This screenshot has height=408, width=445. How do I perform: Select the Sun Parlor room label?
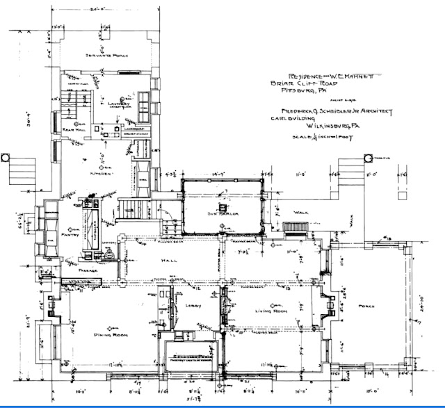click(222, 214)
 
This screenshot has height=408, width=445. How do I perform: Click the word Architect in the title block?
click(375, 109)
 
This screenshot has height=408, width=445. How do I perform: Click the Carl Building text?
click(293, 118)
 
